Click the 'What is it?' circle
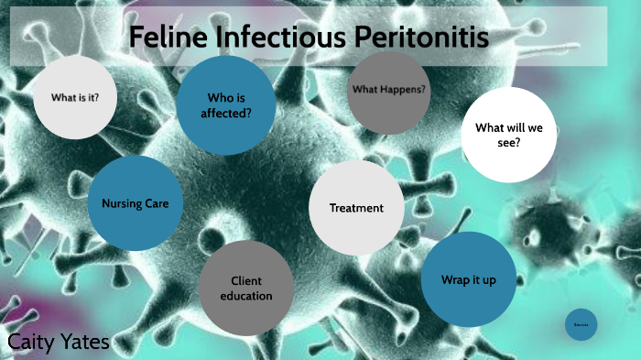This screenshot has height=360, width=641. pos(75,96)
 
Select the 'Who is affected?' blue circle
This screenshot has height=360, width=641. pos(225,104)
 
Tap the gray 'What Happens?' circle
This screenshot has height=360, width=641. pos(389,90)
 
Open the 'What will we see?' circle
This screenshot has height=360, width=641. pos(508,135)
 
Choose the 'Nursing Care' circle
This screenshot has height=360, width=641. pos(136,202)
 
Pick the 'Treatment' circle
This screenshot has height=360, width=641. pos(356,208)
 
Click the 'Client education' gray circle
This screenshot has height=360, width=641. pos(246,288)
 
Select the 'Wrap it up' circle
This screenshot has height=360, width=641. pos(469,279)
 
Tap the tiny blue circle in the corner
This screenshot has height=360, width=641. pos(581,324)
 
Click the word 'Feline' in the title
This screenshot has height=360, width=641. pos(163,38)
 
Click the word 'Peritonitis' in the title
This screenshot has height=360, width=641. pos(419,38)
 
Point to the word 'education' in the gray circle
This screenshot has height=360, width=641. pos(246,296)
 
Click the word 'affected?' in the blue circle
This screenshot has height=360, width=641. pos(225,114)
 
